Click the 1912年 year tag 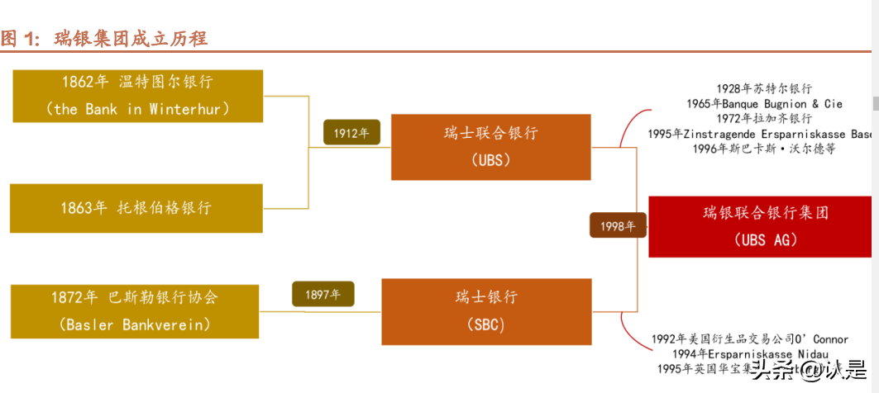click(x=351, y=132)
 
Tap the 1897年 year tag click(x=323, y=294)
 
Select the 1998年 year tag click(x=619, y=226)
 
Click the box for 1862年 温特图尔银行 click(x=136, y=96)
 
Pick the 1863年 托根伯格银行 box click(x=136, y=208)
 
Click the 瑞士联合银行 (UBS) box click(x=490, y=147)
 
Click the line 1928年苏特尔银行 click(x=764, y=89)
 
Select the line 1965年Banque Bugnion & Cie click(x=764, y=104)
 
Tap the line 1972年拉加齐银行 click(x=764, y=119)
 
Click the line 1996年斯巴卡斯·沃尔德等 click(x=764, y=149)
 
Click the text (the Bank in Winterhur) click(x=137, y=109)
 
